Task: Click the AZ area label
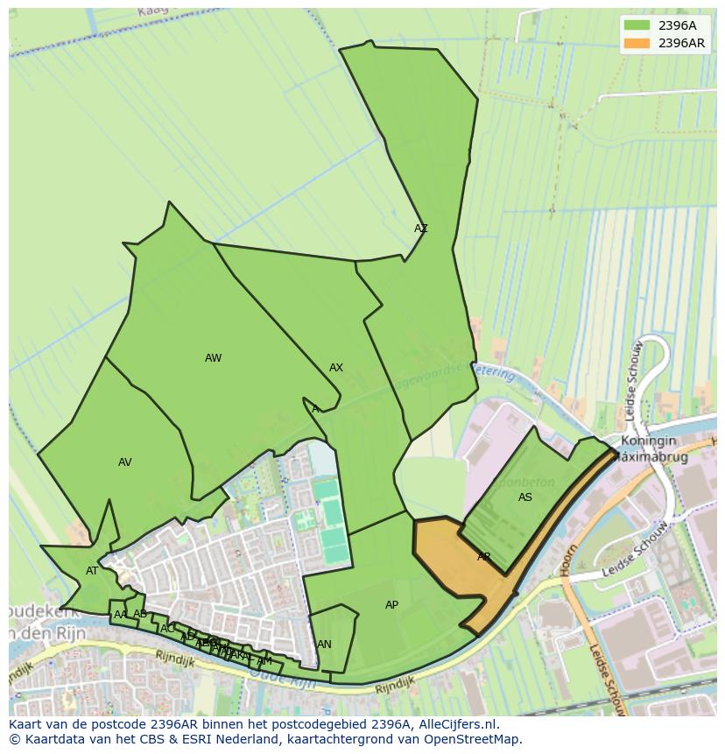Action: tap(421, 229)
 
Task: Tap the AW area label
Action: tap(213, 358)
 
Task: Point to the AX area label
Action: tap(336, 368)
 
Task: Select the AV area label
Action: tap(125, 462)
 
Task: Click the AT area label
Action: tap(92, 571)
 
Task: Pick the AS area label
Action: tap(525, 497)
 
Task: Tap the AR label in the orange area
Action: tap(484, 557)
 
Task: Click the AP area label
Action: tap(391, 605)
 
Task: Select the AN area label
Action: tap(324, 645)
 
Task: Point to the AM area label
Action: tap(264, 661)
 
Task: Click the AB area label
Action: tap(140, 614)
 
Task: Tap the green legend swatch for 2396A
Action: tap(637, 25)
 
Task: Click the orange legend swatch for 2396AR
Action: tap(637, 43)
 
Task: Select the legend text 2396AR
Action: tap(682, 43)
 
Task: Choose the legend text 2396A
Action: tap(678, 25)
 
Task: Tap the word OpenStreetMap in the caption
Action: tap(474, 739)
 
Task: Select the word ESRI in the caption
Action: tap(172, 739)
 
